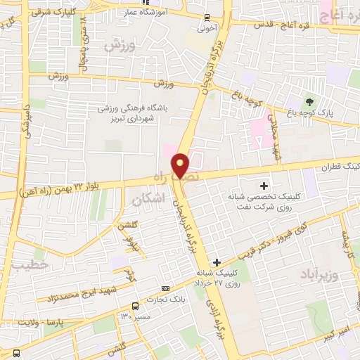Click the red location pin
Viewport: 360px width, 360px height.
pyautogui.click(x=181, y=165)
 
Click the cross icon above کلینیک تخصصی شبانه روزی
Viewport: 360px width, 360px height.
pyautogui.click(x=264, y=186)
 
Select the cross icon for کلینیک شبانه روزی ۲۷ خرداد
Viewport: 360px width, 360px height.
pyautogui.click(x=217, y=262)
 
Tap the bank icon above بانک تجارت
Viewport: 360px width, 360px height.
pyautogui.click(x=166, y=288)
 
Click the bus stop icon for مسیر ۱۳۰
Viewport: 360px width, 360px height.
pyautogui.click(x=135, y=306)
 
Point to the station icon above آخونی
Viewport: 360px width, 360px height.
pyautogui.click(x=206, y=18)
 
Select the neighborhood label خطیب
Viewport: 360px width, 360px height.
pyautogui.click(x=29, y=264)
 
